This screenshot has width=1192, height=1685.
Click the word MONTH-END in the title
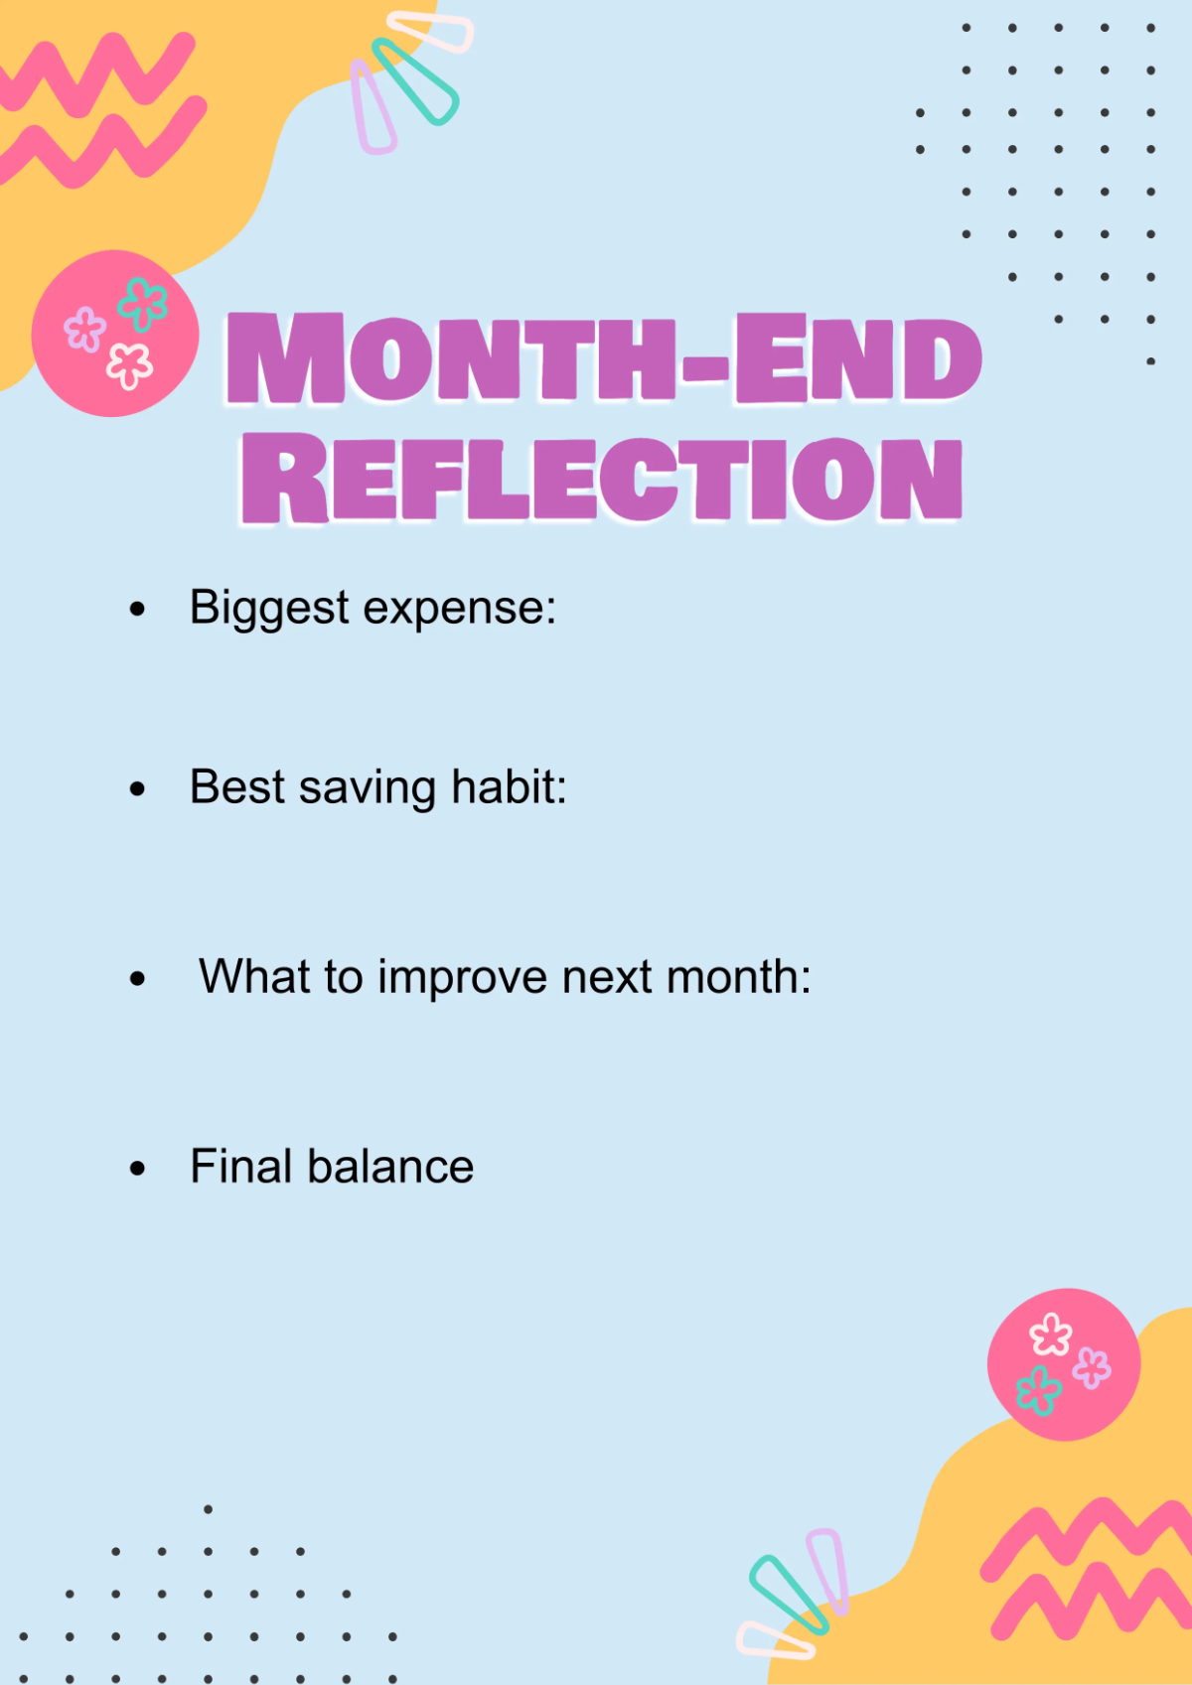tap(604, 359)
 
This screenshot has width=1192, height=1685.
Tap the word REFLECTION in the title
tap(602, 478)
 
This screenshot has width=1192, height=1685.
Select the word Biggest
tap(269, 608)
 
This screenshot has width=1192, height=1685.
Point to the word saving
tap(368, 788)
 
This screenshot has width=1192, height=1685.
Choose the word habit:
tap(509, 786)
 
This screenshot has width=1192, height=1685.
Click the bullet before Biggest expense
tap(137, 609)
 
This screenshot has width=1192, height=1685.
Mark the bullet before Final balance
tap(137, 1169)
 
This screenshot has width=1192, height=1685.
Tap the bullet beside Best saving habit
tap(137, 789)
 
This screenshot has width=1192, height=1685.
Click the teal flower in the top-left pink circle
tap(143, 304)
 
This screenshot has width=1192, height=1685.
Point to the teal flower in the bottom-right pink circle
tap(1038, 1389)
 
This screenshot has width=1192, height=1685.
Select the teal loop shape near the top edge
tap(415, 81)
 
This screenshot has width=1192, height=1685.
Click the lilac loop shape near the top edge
tap(372, 107)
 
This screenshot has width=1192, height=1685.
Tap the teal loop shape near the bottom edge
tap(789, 1594)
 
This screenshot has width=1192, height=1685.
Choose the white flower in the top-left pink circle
tap(129, 365)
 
